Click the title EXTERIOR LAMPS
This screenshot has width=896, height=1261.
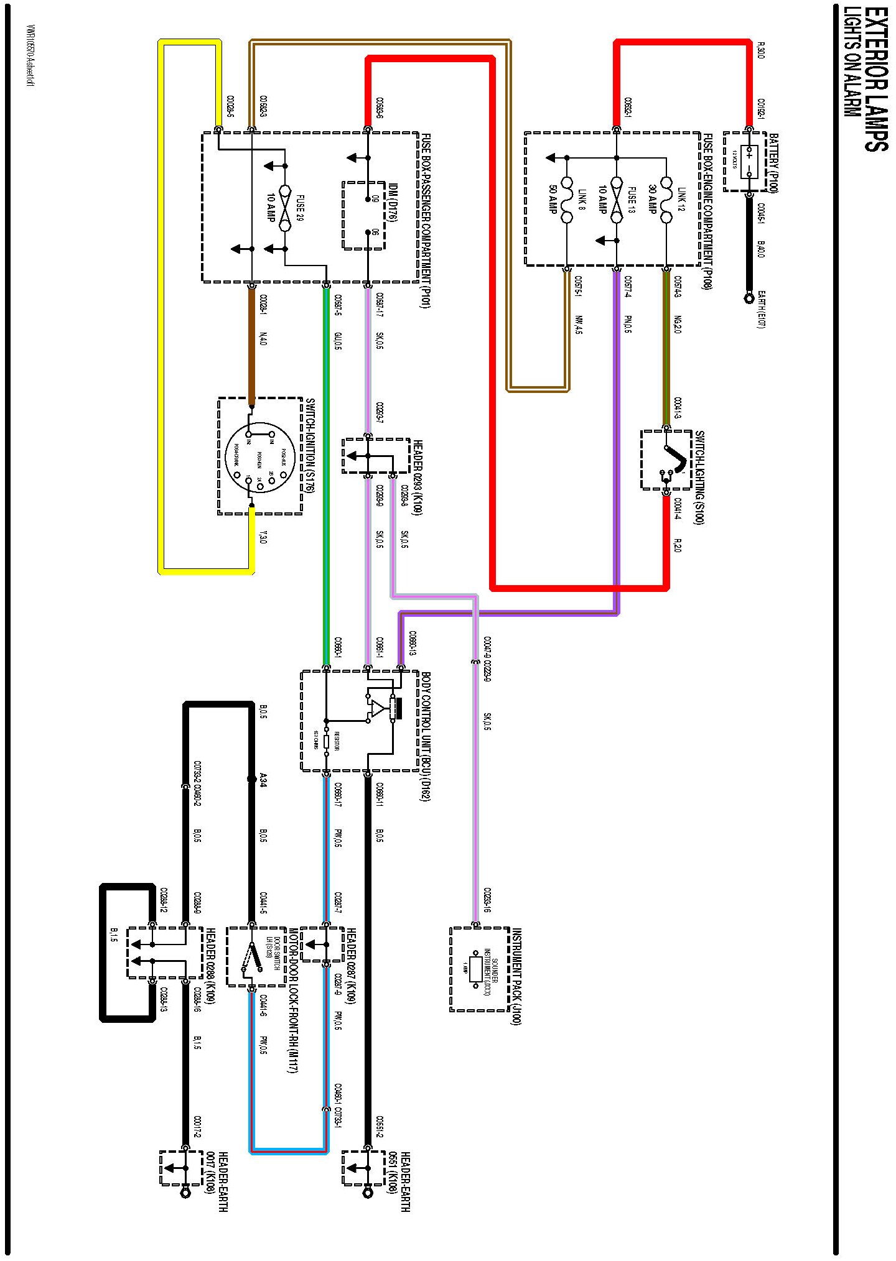coord(875,79)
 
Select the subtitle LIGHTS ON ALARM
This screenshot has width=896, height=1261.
coord(851,62)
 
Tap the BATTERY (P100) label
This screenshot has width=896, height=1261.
coord(773,163)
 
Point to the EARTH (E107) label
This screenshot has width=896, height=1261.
coord(761,309)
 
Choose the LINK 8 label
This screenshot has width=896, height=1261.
coord(581,200)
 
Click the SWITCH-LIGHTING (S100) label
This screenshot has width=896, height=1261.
coord(699,477)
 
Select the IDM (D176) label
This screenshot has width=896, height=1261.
coord(393,203)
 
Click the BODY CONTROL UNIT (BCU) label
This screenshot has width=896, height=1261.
coord(426,736)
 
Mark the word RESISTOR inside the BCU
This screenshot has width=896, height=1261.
coord(337,740)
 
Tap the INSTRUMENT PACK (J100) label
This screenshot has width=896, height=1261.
coord(516,976)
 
